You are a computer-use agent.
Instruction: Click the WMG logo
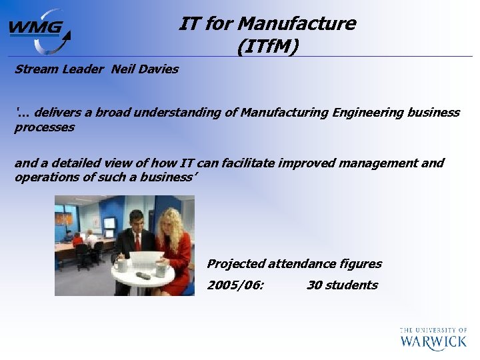(38, 30)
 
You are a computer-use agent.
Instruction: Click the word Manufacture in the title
(297, 24)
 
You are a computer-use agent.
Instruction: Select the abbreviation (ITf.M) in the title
(267, 47)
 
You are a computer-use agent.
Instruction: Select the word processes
(44, 127)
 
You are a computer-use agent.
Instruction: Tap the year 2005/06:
(235, 285)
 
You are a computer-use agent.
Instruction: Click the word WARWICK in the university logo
(433, 342)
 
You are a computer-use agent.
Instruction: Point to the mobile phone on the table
(143, 275)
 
